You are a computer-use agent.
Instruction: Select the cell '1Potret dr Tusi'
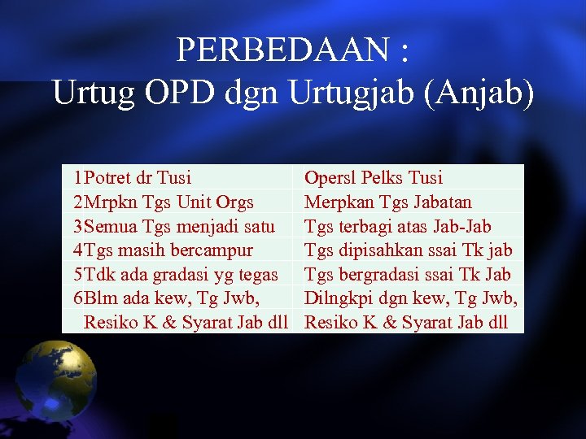point(132,177)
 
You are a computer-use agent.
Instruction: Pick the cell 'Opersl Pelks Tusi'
point(374,177)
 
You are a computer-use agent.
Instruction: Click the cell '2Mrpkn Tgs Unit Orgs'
point(163,202)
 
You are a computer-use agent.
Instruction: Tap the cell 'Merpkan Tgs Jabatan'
point(387,202)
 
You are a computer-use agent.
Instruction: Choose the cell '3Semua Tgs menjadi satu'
point(173,225)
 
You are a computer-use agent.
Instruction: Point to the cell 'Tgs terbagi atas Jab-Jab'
point(397,225)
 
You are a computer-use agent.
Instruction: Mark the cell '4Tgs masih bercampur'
point(163,250)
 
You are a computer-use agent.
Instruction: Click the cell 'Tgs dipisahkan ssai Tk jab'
point(408,250)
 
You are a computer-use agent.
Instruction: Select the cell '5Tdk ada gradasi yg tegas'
point(175,274)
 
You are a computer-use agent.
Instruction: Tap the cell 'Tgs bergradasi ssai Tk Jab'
point(408,274)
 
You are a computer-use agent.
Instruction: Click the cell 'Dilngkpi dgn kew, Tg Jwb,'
point(410,298)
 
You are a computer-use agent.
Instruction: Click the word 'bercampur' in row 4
point(211,250)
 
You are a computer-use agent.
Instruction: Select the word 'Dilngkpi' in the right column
point(335,298)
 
